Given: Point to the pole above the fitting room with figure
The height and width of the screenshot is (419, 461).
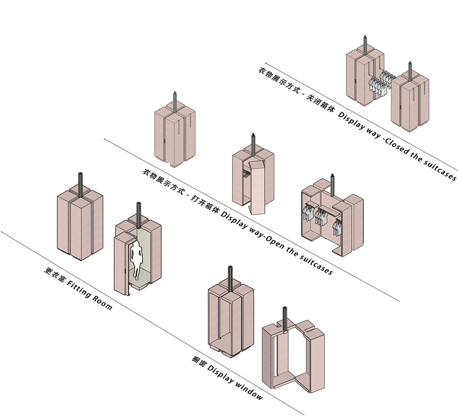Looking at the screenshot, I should (x=138, y=212).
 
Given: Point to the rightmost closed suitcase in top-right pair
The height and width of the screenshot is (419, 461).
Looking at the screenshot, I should (x=410, y=101).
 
